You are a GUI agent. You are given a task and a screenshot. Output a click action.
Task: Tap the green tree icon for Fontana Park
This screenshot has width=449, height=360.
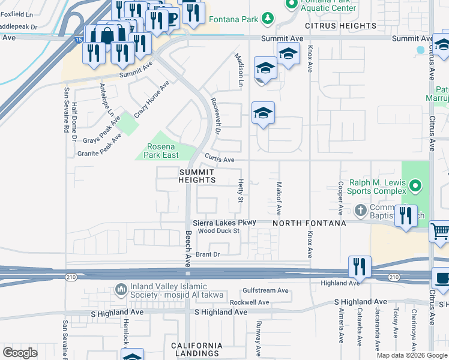[267, 19]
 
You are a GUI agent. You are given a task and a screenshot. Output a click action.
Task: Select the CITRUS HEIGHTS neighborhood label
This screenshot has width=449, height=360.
[340, 26]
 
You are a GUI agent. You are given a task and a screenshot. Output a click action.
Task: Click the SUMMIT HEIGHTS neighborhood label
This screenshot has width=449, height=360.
[196, 176]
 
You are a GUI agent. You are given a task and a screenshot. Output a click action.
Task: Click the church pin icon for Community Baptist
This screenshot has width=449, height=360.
[360, 210]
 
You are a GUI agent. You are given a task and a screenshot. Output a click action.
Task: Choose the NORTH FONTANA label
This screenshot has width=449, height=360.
[309, 223]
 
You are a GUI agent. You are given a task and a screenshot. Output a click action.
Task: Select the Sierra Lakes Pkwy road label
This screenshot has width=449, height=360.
[224, 222]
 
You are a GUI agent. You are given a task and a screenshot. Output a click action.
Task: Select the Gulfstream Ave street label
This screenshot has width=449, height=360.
[266, 290]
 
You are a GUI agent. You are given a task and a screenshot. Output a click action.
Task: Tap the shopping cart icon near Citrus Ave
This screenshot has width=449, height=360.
[441, 231]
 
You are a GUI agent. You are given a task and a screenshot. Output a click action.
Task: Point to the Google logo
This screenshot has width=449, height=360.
[20, 353]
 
